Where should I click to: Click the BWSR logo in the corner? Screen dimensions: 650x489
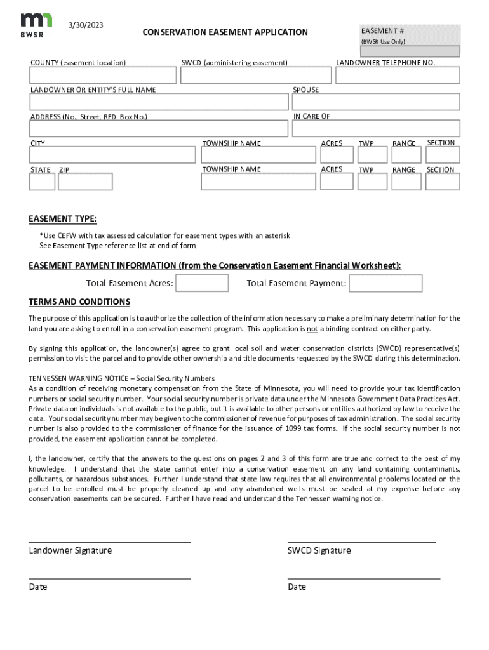click(32, 25)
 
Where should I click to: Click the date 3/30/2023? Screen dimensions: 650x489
click(86, 25)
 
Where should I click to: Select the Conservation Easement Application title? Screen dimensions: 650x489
click(225, 32)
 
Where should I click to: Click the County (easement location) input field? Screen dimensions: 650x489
click(102, 76)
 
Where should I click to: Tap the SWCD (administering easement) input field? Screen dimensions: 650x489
click(256, 76)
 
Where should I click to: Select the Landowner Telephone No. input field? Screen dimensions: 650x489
click(398, 76)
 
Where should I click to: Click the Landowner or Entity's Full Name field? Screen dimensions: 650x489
click(159, 102)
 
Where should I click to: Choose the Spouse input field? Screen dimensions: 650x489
click(376, 102)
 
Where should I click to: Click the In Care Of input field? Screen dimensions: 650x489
click(376, 129)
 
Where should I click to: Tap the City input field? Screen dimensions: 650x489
click(112, 155)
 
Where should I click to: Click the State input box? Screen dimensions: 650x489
click(42, 182)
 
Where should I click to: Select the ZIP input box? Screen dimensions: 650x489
click(85, 182)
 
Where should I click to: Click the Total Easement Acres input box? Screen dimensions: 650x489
click(202, 283)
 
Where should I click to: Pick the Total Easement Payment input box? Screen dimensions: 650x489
click(386, 283)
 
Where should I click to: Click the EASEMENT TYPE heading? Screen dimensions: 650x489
click(62, 219)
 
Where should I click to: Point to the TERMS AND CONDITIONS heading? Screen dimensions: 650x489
click(79, 302)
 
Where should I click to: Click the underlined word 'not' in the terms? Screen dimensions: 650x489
click(312, 329)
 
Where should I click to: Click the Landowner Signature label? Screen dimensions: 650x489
click(70, 550)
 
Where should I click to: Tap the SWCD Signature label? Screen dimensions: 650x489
click(319, 550)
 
